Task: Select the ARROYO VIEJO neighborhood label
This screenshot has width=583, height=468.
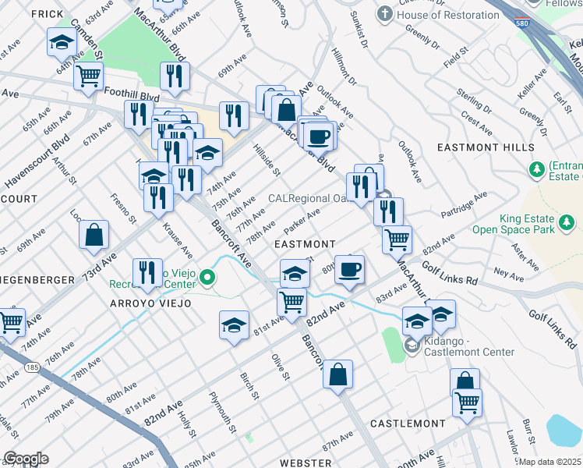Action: (x=140, y=303)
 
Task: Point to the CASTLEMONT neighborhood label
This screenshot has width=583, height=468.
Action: (x=408, y=423)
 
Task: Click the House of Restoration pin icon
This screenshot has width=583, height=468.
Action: (x=383, y=14)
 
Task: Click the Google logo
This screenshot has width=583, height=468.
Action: (x=26, y=459)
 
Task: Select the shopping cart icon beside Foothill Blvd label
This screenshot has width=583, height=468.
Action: (x=89, y=76)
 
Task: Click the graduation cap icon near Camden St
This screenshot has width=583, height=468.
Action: (x=62, y=42)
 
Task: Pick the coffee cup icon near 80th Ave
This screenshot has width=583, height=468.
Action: (x=349, y=269)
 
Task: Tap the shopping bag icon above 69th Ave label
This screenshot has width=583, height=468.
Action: (x=94, y=236)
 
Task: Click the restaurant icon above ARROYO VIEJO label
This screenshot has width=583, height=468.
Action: (x=147, y=272)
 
